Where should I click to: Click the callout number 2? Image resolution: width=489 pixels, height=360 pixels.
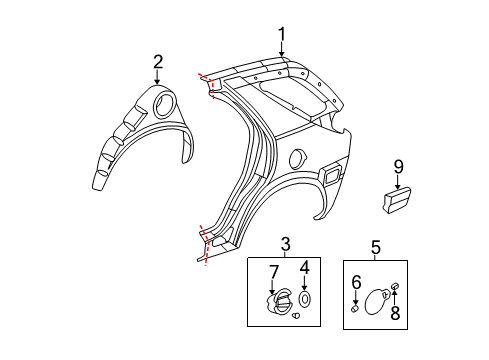point(158,64)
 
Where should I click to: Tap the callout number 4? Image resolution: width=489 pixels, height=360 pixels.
point(304,270)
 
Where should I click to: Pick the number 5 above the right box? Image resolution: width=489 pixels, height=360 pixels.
point(376,245)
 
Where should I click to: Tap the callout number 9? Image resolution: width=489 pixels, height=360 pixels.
point(398,166)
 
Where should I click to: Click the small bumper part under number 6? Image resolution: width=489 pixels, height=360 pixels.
point(357,308)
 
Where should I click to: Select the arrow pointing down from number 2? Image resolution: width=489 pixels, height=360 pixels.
point(158,79)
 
